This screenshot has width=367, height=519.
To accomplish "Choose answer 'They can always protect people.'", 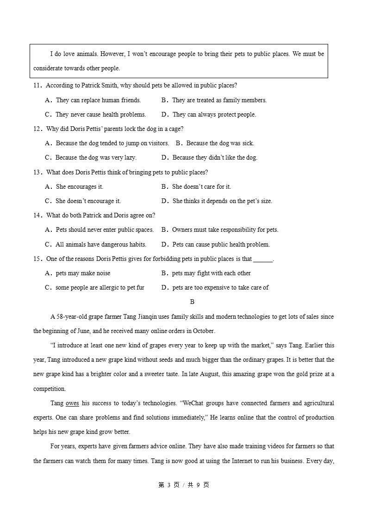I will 214,114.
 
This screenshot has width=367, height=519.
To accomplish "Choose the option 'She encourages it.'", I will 79,187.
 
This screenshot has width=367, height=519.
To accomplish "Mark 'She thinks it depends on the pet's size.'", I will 222,201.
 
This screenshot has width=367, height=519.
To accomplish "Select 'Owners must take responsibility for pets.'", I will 225,230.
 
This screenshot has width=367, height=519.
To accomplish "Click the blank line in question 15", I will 263,259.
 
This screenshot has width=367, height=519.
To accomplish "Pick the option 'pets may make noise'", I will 83,273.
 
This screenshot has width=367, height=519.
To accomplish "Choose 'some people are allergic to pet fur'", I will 100,288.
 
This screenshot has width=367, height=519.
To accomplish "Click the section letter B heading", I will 192,302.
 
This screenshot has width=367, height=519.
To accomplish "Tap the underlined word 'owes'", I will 72,403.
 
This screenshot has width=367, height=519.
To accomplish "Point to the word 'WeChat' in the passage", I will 195,403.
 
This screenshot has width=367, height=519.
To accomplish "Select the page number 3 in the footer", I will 169,485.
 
